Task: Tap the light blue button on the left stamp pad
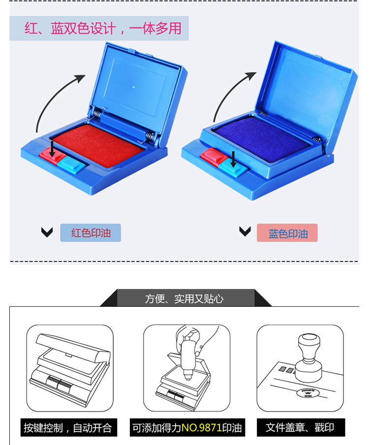pyautogui.click(x=71, y=165)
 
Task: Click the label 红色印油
pyautogui.click(x=91, y=233)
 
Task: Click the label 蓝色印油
pyautogui.click(x=288, y=234)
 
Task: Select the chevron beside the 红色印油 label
pyautogui.click(x=47, y=232)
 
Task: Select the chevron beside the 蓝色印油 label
pyautogui.click(x=245, y=231)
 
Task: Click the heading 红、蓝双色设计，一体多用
pyautogui.click(x=103, y=29)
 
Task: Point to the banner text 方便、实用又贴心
pyautogui.click(x=184, y=299)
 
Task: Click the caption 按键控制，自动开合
pyautogui.click(x=68, y=428)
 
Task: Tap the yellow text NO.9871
pyautogui.click(x=201, y=428)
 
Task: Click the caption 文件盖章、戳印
pyautogui.click(x=300, y=427)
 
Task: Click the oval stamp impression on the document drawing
pyautogui.click(x=308, y=393)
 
